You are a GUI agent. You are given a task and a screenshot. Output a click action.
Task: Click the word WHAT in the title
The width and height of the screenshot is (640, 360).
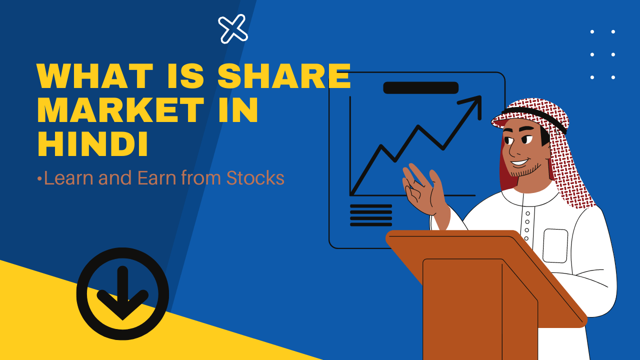tap(94, 75)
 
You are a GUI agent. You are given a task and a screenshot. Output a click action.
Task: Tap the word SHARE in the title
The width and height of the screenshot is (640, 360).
tap(284, 75)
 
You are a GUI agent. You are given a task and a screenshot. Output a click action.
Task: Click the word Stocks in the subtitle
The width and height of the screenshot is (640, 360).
tap(255, 177)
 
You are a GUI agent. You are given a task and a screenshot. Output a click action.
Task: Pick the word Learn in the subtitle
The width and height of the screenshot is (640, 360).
tap(68, 177)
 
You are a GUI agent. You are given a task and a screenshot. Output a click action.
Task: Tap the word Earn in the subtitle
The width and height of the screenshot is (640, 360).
tap(157, 177)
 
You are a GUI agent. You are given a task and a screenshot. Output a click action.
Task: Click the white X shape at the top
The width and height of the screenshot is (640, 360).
tap(233, 29)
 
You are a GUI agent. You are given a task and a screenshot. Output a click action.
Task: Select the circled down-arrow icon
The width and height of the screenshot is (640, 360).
tap(122, 293)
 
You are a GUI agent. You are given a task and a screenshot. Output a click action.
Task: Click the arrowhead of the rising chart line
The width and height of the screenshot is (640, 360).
tap(473, 105)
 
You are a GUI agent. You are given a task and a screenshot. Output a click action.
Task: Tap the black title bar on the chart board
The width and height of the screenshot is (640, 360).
tap(420, 87)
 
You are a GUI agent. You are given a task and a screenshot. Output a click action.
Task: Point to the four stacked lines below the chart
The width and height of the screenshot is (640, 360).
tap(371, 215)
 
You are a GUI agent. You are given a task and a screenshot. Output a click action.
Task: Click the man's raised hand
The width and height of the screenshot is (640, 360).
tap(423, 188)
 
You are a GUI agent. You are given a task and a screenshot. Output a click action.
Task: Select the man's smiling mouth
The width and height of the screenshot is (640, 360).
tap(520, 163)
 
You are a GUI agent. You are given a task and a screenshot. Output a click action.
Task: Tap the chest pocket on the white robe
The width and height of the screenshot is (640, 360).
tap(555, 245)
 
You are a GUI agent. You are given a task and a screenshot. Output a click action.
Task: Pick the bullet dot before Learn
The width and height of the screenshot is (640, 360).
tap(39, 179)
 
